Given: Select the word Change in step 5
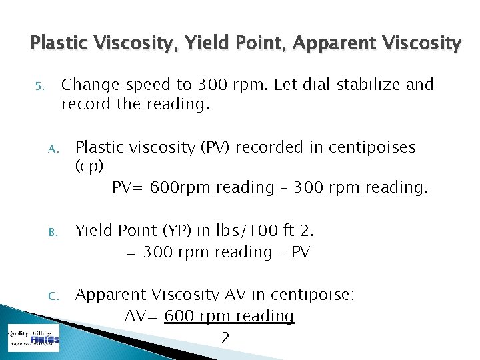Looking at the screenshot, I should click(x=89, y=85).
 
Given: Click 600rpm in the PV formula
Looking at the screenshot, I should click(x=175, y=188).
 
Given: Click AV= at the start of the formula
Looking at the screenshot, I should click(x=141, y=316).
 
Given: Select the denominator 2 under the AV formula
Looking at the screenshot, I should click(x=225, y=338).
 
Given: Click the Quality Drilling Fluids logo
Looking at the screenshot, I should click(x=33, y=339).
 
